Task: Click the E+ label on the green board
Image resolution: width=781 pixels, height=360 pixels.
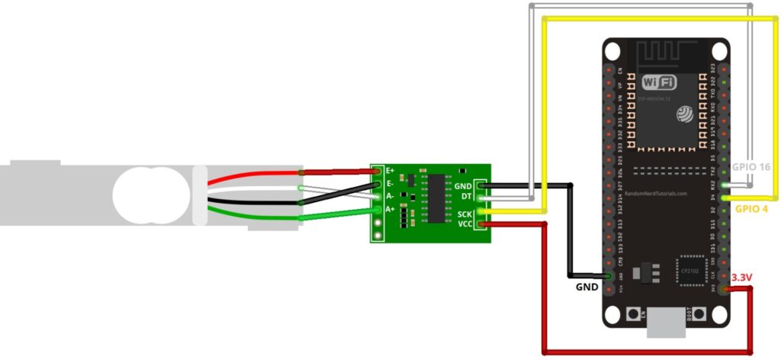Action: pos(390,171)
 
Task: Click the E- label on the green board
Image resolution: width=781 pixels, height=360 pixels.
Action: pos(390,183)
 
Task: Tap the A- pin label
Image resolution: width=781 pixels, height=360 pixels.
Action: pos(390,196)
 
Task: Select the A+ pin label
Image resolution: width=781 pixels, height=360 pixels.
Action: pos(390,208)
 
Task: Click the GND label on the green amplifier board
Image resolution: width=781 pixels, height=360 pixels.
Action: pos(462,186)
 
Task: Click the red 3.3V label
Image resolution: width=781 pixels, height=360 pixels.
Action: pos(742,278)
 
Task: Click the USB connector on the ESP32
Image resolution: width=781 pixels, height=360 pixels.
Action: pos(665,324)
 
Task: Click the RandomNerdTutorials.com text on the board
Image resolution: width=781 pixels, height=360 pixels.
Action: pos(656,194)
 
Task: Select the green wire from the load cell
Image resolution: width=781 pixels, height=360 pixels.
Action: pos(252,220)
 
